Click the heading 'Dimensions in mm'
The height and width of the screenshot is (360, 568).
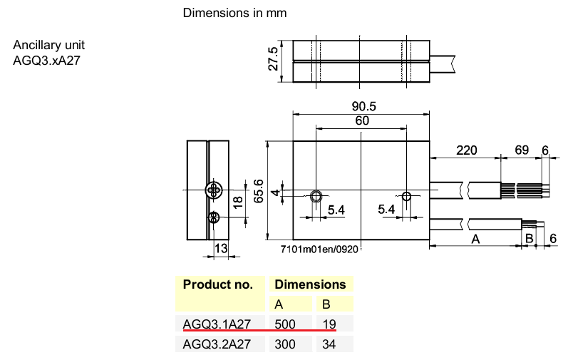[x=235, y=14]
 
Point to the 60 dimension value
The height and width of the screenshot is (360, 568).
[x=362, y=121]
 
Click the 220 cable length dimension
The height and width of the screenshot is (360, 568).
[x=465, y=151]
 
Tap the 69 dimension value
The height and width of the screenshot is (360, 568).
[x=522, y=151]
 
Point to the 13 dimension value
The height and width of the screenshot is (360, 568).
[x=221, y=248]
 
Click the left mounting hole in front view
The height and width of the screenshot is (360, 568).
[x=316, y=196]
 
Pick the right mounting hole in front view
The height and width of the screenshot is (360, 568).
[x=407, y=196]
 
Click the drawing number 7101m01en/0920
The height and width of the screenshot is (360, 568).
[x=319, y=250]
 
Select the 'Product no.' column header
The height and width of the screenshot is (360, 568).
[x=218, y=284]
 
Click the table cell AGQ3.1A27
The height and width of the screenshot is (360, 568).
[x=217, y=324]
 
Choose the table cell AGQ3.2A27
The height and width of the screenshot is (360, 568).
[x=217, y=344]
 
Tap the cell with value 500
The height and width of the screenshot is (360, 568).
[x=285, y=324]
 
